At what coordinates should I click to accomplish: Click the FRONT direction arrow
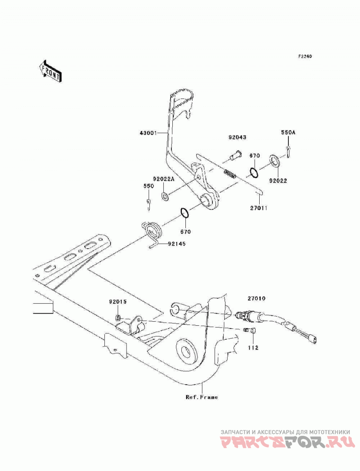pos(50,71)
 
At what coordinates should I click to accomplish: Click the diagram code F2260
pos(305,56)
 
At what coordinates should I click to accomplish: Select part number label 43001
pos(148,133)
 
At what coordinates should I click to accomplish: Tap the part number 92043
pos(237,137)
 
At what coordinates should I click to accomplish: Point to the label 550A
pos(288,132)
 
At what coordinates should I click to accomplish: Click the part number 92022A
pos(164,179)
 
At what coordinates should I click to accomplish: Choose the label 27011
pos(258,207)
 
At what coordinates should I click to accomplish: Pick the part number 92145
pos(177,244)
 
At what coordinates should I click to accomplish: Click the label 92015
pos(118,301)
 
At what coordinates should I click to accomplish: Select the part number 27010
pos(256,299)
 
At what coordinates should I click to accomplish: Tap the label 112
pos(253,348)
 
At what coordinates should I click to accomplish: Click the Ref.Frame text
pos(202,397)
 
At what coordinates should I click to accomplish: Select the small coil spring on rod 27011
pos(230,174)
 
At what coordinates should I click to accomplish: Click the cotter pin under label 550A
pos(288,151)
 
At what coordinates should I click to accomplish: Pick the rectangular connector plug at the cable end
pos(312,340)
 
